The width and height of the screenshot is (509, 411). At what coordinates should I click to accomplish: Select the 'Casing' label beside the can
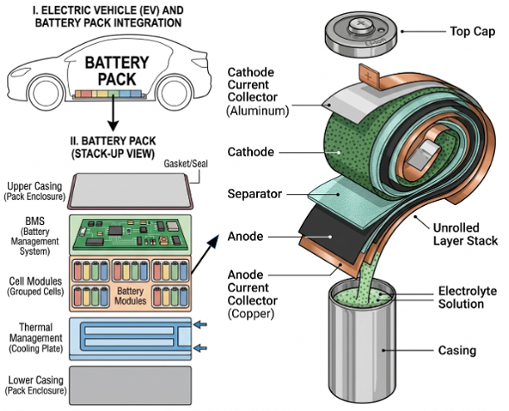coord(457,350)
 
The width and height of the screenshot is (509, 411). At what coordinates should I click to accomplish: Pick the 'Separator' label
coord(254,193)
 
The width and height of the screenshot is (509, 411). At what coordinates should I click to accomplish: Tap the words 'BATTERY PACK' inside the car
coord(117,70)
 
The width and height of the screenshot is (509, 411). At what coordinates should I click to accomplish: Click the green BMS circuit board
coord(134,232)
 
